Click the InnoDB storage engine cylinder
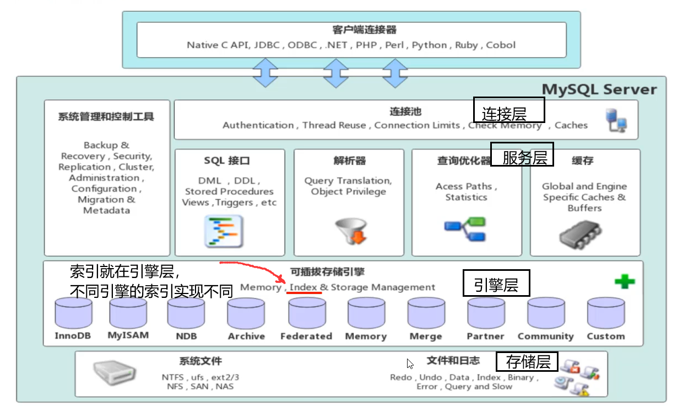73,313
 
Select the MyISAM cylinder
128,313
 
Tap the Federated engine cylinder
306,313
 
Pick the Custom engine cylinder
605,313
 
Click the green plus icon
625,282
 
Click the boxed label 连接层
509,110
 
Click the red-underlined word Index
303,287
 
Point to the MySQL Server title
599,89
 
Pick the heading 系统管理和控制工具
106,117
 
